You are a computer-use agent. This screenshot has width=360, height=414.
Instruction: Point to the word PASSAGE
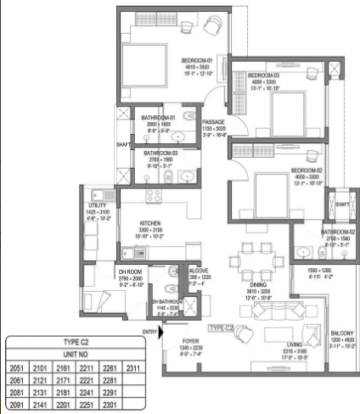coord(213,122)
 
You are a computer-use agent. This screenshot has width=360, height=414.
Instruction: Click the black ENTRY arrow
coord(163,332)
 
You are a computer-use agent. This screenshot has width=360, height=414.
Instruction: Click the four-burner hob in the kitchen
coord(154,196)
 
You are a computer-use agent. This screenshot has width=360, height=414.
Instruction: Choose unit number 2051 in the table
coord(17,369)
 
